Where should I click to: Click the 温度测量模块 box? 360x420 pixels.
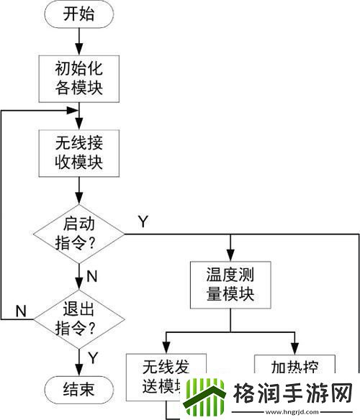(x=230, y=285)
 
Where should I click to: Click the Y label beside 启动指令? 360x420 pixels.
(x=142, y=222)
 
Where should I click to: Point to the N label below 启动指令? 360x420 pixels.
(x=91, y=275)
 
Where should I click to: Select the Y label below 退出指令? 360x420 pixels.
(x=91, y=356)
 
